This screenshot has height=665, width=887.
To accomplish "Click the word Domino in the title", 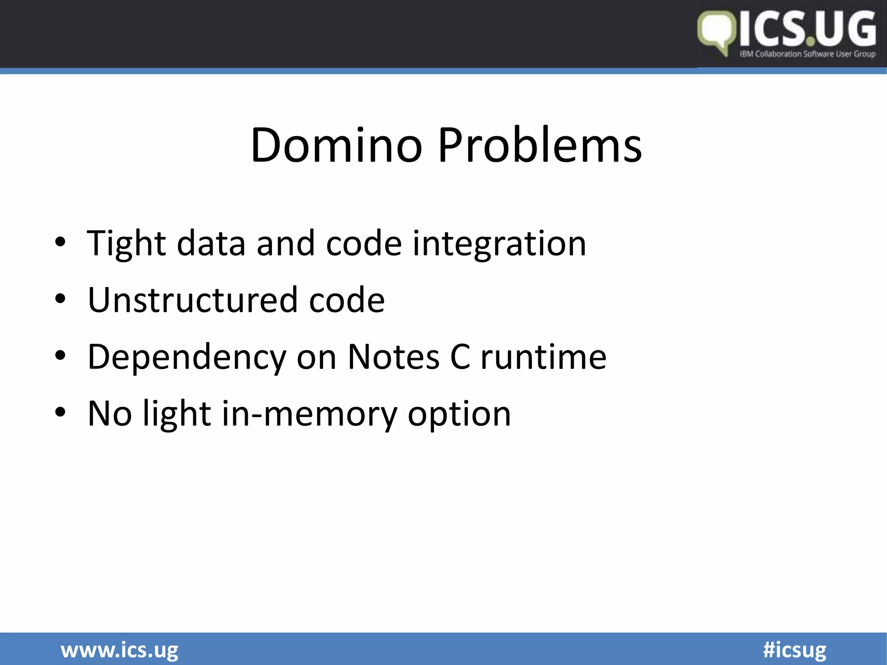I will [336, 145].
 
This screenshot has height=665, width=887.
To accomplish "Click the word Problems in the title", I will [540, 145].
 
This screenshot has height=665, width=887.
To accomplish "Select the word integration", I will [499, 244].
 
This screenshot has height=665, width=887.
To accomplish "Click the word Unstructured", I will [192, 300].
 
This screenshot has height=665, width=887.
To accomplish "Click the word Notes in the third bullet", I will [393, 357].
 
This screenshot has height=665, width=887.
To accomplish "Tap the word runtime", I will [544, 357].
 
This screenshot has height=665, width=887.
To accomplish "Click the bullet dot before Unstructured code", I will [60, 299].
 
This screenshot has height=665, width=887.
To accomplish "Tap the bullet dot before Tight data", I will [60, 242].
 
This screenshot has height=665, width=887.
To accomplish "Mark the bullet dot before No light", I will [60, 413].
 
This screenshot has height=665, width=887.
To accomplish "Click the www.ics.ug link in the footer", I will [119, 650].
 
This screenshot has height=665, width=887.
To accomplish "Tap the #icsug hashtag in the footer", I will [794, 650].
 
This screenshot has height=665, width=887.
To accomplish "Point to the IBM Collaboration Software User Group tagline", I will [807, 54].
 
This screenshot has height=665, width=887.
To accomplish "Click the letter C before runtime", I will [460, 357].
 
